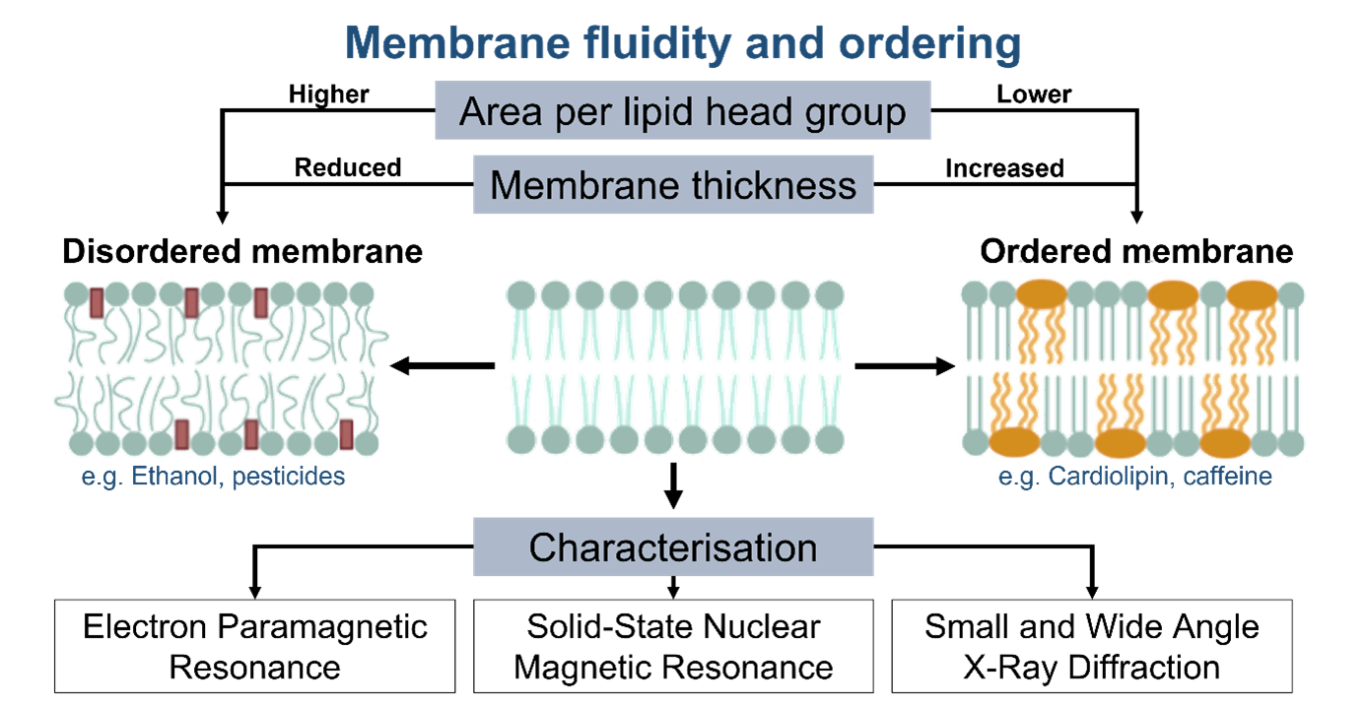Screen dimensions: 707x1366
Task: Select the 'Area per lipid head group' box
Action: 682,111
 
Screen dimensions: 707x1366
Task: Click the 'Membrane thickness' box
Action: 673,184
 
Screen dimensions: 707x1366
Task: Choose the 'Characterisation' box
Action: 673,546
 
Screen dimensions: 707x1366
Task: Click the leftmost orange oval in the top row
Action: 1041,293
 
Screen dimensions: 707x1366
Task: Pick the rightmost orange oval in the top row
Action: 1252,293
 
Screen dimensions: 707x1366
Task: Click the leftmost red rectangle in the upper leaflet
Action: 97,302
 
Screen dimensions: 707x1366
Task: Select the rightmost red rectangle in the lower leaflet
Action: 347,433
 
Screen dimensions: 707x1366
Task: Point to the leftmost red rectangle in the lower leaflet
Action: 181,433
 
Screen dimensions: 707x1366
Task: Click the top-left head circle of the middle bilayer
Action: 521,292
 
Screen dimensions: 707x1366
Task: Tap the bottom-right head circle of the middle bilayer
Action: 829,440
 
